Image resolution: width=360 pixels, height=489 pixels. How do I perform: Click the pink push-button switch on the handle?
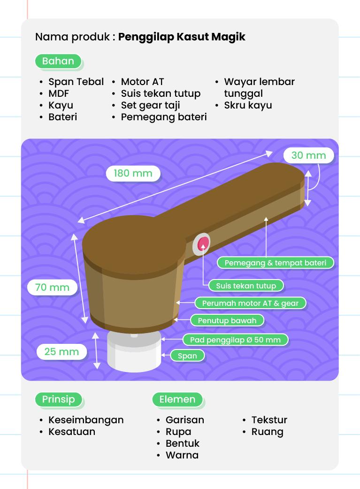tap(203, 242)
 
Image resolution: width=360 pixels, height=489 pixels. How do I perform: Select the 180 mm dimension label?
tap(133, 173)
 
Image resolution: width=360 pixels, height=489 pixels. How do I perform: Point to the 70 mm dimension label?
tap(52, 287)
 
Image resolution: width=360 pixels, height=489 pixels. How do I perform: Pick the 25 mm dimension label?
tap(61, 351)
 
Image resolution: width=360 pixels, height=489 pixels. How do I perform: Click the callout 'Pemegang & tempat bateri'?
tap(275, 263)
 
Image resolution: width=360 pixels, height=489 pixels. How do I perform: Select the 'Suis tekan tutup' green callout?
tap(245, 285)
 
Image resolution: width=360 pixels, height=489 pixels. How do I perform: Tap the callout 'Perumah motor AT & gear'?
tap(250, 303)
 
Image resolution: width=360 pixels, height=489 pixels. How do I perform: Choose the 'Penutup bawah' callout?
tap(227, 321)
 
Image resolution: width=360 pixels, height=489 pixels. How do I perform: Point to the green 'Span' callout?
tap(187, 356)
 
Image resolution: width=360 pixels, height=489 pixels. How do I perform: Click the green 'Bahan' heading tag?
tap(58, 61)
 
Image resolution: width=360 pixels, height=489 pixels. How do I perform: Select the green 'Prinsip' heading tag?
tap(59, 399)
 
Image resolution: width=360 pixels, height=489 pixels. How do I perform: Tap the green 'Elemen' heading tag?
tap(177, 399)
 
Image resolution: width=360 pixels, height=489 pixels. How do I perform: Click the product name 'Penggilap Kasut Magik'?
tap(182, 37)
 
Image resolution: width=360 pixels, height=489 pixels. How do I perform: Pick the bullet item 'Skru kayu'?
tap(248, 105)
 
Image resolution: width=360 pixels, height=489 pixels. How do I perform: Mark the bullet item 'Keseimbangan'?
tap(86, 420)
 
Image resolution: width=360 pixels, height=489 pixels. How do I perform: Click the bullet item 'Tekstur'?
tap(269, 420)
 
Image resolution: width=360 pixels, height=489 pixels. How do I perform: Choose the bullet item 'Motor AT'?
tap(142, 82)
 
